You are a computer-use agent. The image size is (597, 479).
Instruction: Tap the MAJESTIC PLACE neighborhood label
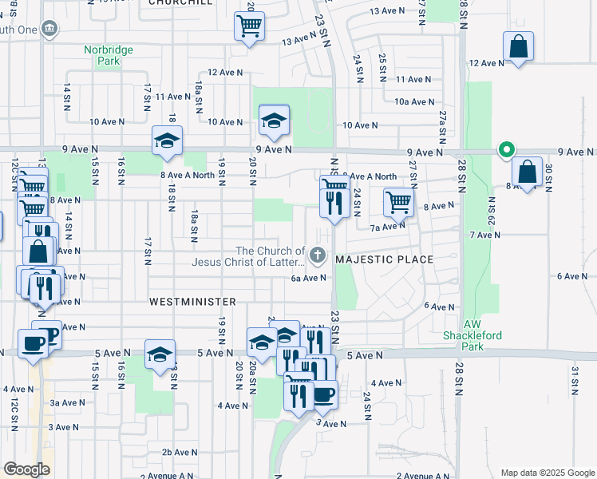pos(385,259)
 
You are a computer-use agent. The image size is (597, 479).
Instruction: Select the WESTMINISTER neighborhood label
pos(192,302)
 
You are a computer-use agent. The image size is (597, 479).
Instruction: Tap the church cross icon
pos(318,256)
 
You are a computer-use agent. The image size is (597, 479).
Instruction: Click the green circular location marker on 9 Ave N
pos(505,149)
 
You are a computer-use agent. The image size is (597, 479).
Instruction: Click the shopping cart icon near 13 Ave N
pos(249,27)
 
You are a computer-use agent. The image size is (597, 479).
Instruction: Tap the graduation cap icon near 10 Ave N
pos(274,121)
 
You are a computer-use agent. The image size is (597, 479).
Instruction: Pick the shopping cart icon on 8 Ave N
pos(398,201)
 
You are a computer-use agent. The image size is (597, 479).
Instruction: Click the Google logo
pos(26,469)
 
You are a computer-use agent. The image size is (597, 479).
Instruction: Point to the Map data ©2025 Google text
pos(548,473)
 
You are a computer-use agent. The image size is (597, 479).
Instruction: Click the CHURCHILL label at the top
pos(180,3)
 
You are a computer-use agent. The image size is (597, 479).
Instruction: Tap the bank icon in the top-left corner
pos(49,29)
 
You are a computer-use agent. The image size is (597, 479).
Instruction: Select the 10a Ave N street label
pos(414,102)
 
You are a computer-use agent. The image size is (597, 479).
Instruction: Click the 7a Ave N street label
pos(387,227)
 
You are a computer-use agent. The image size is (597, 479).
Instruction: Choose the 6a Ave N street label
pos(309,278)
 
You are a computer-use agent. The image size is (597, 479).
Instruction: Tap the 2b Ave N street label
pos(179,453)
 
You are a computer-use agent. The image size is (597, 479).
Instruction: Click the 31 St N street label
pos(573,381)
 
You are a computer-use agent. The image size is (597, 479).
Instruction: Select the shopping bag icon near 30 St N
pos(527,170)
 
